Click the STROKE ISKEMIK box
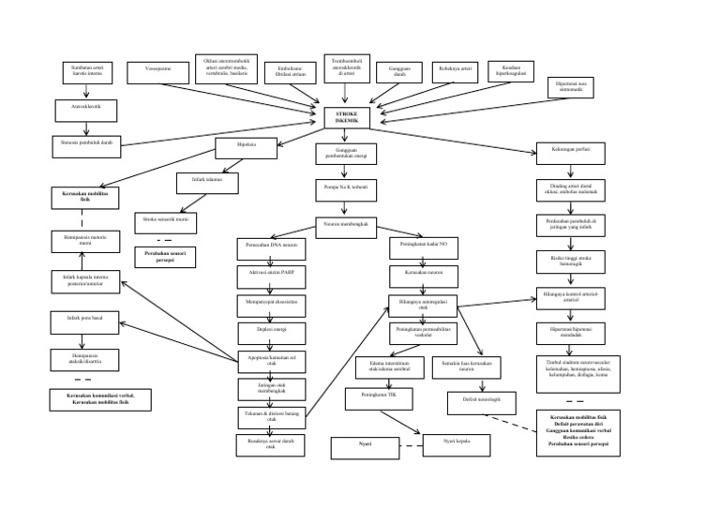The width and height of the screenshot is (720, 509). pyautogui.click(x=340, y=117)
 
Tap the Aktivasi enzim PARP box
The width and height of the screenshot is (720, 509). pyautogui.click(x=265, y=275)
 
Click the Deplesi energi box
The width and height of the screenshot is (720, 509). pyautogui.click(x=265, y=329)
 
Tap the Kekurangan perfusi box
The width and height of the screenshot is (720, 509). pyautogui.click(x=576, y=149)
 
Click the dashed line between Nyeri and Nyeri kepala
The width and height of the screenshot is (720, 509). pyautogui.click(x=406, y=447)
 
